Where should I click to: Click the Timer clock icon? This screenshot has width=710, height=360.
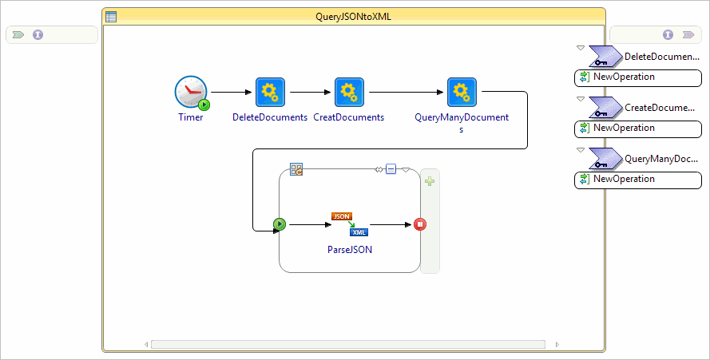(x=191, y=93)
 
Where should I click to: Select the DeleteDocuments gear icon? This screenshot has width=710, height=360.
(x=270, y=92)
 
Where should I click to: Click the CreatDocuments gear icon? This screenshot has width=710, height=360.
(x=349, y=92)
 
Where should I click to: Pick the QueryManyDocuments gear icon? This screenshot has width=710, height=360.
(x=462, y=92)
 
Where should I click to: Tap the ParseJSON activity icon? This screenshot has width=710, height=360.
(x=350, y=224)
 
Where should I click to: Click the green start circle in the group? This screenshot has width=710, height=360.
(x=280, y=224)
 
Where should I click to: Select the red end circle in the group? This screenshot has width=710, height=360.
(x=420, y=224)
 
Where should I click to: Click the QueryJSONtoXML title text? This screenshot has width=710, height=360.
(x=354, y=15)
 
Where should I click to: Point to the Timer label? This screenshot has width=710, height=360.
(x=191, y=117)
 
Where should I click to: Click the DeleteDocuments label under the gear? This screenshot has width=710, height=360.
(x=270, y=117)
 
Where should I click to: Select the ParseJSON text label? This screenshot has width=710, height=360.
(x=350, y=249)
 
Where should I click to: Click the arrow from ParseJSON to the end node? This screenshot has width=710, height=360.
(x=391, y=224)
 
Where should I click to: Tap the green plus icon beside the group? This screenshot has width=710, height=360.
(x=430, y=181)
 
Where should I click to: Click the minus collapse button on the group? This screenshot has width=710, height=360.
(x=391, y=168)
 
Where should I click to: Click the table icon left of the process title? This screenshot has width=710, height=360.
(x=112, y=16)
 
